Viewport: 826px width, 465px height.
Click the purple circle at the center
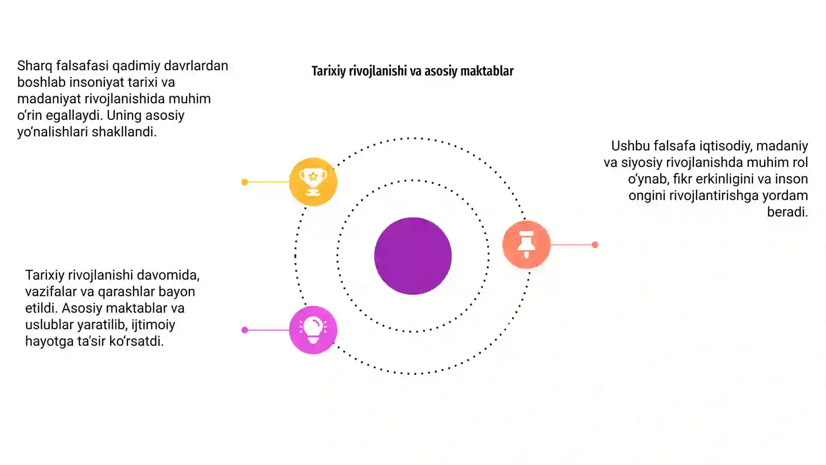412,256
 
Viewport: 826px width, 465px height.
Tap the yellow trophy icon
313,181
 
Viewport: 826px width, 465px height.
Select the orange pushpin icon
526,244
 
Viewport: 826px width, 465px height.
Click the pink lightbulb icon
313,330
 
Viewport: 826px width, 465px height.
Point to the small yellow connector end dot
245,182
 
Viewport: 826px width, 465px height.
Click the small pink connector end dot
245,330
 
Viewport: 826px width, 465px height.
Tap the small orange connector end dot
595,245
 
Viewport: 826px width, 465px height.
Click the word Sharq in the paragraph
35,66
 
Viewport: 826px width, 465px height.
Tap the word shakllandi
124,132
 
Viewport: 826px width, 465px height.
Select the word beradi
788,212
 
